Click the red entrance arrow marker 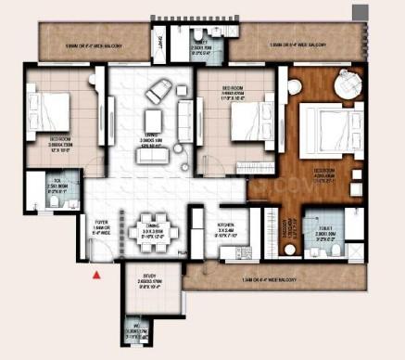95,274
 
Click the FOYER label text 103,224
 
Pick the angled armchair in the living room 157,90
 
